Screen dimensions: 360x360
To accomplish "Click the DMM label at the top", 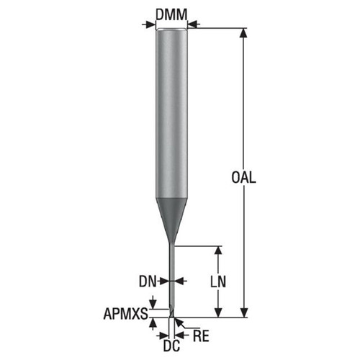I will click(172, 13).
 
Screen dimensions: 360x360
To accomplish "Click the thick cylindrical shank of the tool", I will click(172, 108).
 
